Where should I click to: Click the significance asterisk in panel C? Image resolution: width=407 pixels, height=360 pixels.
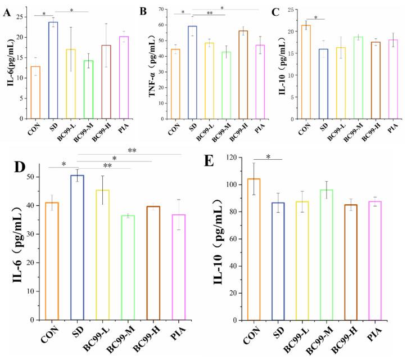coord(309,17)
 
